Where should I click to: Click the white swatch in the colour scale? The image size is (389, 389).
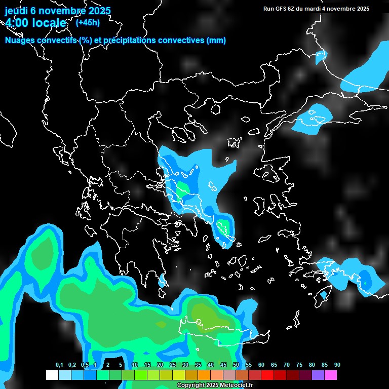[52, 375]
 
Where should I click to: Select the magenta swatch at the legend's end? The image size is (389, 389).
[331, 375]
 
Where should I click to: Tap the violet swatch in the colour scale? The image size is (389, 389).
[318, 375]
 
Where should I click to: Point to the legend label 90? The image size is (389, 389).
[337, 365]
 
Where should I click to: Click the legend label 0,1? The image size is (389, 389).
[59, 365]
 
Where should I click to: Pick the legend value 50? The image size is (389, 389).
[236, 365]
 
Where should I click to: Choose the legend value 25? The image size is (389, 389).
[173, 365]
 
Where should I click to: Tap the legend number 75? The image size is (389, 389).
[299, 365]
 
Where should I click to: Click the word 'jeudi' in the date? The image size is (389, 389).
[16, 11]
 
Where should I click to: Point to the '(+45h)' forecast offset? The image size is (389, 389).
[88, 22]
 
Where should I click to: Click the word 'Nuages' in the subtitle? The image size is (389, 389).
[20, 41]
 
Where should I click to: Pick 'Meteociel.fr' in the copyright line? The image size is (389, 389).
[236, 385]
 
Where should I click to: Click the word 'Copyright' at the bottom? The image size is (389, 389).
[190, 385]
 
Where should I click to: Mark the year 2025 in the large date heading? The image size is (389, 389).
[96, 11]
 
